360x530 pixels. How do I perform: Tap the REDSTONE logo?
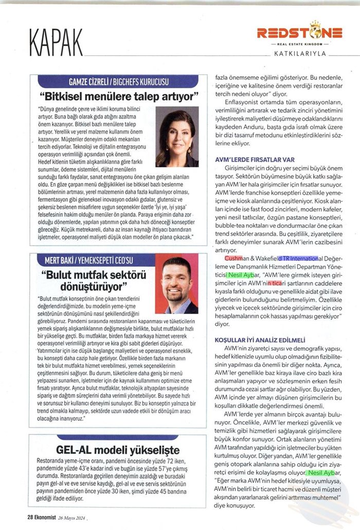pos(300,33)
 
